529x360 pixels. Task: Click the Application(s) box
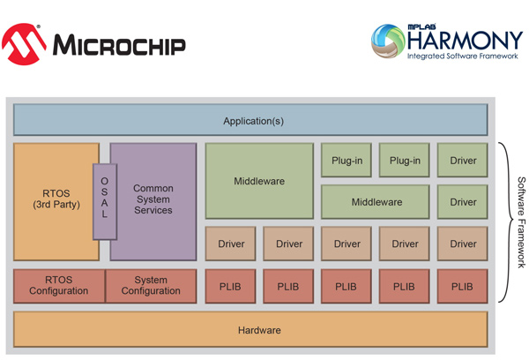click(250, 120)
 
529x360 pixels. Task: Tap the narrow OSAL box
click(105, 201)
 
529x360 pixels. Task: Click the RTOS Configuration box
click(59, 286)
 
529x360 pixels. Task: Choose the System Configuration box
click(151, 286)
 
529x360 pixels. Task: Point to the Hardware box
click(250, 329)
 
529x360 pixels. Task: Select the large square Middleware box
click(259, 181)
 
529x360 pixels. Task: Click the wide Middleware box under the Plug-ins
click(376, 202)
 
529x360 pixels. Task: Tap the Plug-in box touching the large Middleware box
click(346, 160)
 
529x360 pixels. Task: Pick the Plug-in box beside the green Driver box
click(404, 160)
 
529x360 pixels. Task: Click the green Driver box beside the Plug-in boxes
click(463, 160)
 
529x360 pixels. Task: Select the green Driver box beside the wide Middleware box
click(463, 202)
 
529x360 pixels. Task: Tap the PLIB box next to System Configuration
click(230, 286)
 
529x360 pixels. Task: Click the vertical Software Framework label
click(522, 222)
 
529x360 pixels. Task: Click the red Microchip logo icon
click(24, 44)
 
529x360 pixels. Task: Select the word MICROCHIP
click(119, 45)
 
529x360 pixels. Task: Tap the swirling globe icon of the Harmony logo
click(388, 41)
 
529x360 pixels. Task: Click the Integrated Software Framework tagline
click(462, 56)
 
